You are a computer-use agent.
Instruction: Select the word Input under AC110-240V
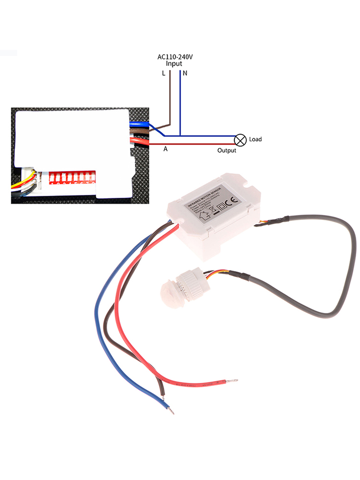[174, 64]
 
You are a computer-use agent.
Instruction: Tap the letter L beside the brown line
[164, 74]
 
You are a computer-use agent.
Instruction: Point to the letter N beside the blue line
[185, 74]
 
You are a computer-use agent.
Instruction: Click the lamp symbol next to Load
[240, 140]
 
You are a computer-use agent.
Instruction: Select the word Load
[255, 140]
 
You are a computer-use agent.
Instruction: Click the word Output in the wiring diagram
[227, 151]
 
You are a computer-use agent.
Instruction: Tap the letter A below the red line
[165, 149]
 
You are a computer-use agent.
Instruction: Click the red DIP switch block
[72, 178]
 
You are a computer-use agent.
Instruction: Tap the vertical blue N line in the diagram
[180, 103]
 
